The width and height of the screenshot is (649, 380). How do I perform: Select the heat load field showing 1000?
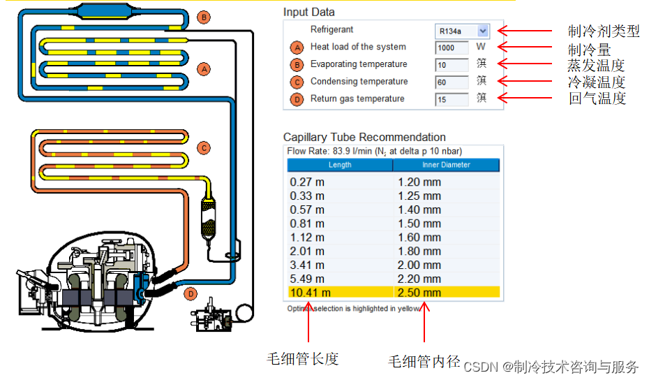(451, 47)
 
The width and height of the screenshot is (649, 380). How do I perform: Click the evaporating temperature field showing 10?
(451, 65)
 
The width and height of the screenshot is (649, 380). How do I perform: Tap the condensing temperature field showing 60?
(451, 82)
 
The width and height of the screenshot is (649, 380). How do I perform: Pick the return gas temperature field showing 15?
(451, 99)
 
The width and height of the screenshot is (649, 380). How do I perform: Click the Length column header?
(340, 165)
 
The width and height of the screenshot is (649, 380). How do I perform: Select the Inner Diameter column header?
(446, 165)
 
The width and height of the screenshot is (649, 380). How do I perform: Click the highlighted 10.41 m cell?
(311, 293)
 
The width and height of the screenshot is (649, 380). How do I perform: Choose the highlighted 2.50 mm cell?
(419, 293)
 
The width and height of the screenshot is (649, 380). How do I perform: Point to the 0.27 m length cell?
(307, 182)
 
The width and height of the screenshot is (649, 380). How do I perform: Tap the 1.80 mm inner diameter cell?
(419, 251)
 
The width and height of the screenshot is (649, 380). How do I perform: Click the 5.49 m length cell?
(307, 279)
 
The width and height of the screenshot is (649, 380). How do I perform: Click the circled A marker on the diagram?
(203, 69)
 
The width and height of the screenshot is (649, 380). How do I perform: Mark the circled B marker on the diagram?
(203, 17)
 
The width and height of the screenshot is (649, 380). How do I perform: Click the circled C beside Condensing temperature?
(297, 82)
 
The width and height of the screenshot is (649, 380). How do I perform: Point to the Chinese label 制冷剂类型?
(604, 31)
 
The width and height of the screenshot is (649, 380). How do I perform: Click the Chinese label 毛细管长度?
(303, 359)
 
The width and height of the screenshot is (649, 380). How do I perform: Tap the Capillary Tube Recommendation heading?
(364, 137)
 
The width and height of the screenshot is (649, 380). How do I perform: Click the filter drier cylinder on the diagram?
(207, 219)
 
